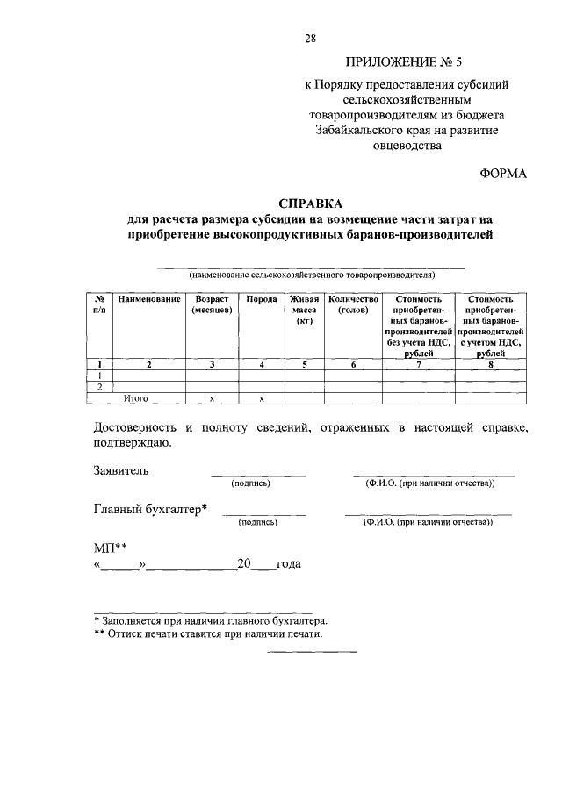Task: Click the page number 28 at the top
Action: tap(311, 37)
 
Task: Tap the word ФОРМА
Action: tap(502, 174)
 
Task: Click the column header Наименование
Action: tap(148, 299)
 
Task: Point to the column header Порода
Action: tap(262, 299)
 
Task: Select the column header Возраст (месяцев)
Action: tap(212, 304)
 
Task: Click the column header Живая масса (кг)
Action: tap(304, 310)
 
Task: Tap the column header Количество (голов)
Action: tap(353, 304)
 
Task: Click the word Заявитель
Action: tap(121, 470)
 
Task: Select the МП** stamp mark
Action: tap(110, 547)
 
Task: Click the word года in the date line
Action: tap(289, 563)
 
